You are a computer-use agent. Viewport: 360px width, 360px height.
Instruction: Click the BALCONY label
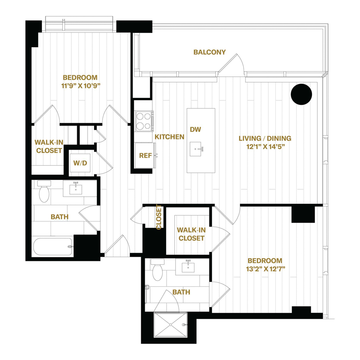[x=209, y=52]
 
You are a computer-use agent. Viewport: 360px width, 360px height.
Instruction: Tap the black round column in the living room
[x=301, y=94]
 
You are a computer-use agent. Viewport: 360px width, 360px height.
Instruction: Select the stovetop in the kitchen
[x=144, y=121]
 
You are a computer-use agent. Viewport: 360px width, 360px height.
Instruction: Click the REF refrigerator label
[x=145, y=156]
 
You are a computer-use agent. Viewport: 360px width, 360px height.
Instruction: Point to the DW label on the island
[x=195, y=130]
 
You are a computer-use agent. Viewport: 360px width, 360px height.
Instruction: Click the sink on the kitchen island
[x=196, y=149]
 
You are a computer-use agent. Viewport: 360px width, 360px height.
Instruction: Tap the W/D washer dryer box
[x=80, y=163]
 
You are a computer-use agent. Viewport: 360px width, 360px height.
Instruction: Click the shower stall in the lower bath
[x=170, y=325]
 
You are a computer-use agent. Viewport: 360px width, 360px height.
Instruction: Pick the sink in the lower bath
[x=188, y=266]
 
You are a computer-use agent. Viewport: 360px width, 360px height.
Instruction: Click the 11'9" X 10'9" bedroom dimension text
[x=81, y=86]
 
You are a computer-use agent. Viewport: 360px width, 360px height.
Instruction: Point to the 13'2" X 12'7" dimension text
[x=266, y=269]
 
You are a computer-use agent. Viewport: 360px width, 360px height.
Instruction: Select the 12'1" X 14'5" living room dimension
[x=266, y=146]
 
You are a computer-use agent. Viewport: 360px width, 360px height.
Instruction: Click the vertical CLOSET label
[x=159, y=217]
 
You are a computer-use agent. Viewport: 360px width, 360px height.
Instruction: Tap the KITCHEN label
[x=170, y=137]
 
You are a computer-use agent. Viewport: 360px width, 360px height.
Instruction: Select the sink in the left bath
[x=76, y=188]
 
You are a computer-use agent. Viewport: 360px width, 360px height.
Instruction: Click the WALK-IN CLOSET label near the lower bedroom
[x=191, y=234]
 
